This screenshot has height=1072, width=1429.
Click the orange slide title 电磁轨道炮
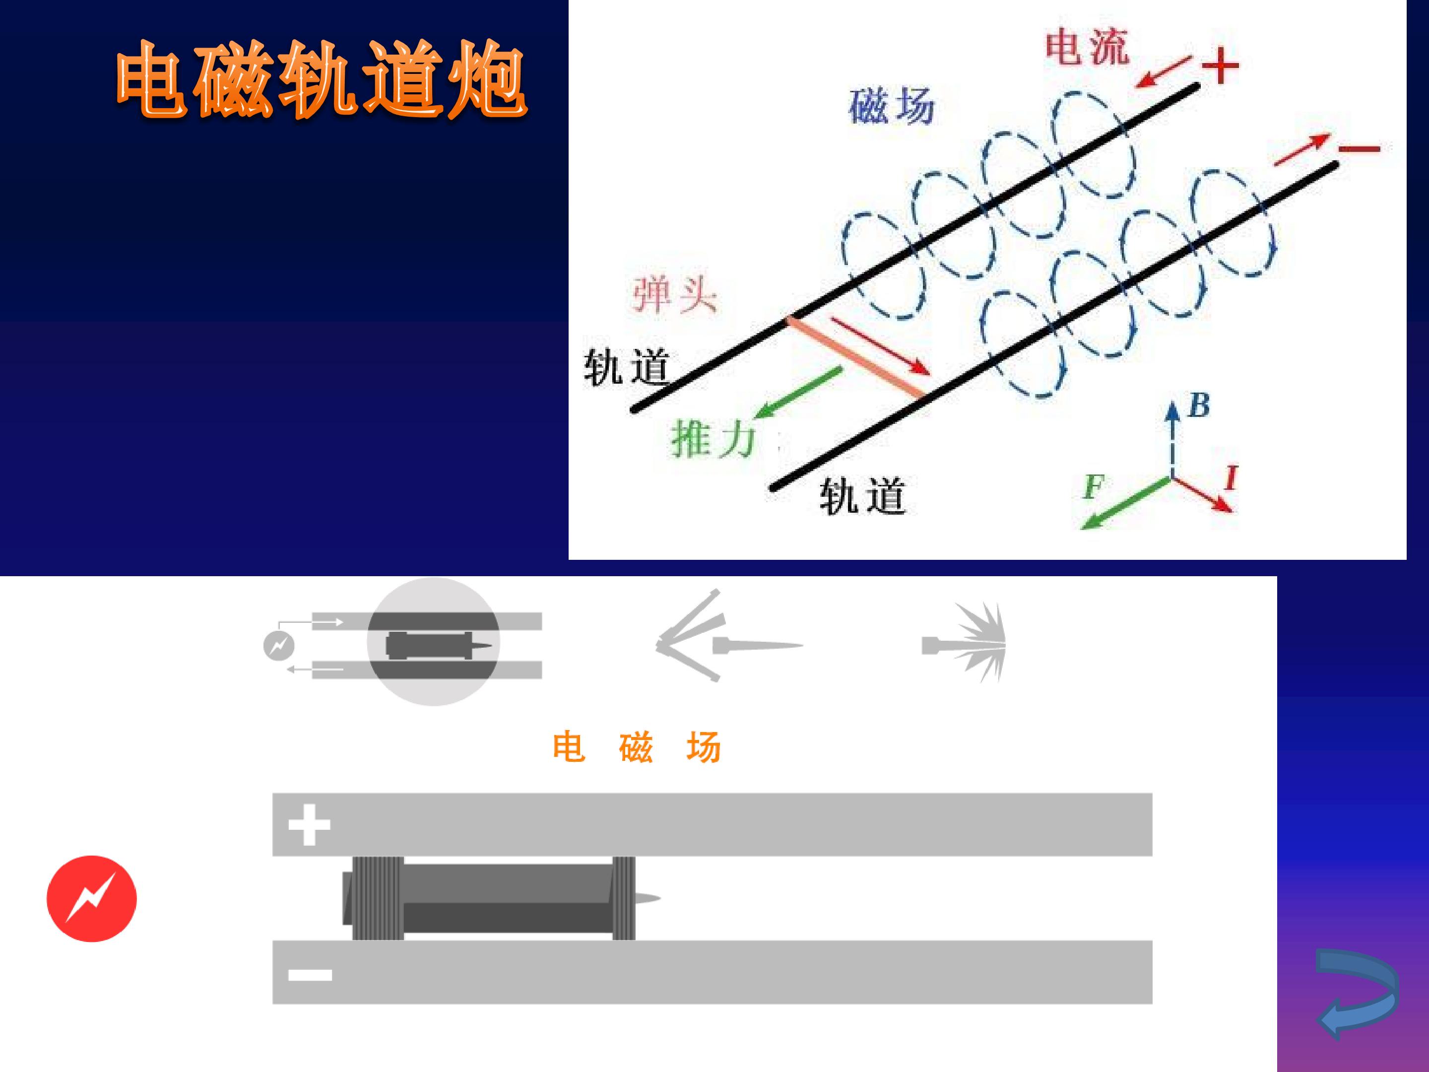click(x=321, y=79)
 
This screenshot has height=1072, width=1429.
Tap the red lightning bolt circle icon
click(x=92, y=898)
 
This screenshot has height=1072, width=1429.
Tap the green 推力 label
click(x=713, y=439)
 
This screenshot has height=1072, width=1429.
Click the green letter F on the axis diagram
click(x=1093, y=486)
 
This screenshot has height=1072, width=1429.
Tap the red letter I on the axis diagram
click(x=1231, y=478)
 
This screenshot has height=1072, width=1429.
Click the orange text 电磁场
click(x=636, y=747)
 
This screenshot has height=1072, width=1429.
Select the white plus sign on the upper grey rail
click(x=309, y=825)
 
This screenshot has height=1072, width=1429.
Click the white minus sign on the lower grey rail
click(x=310, y=974)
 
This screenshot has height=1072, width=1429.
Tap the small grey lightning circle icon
click(x=279, y=646)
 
